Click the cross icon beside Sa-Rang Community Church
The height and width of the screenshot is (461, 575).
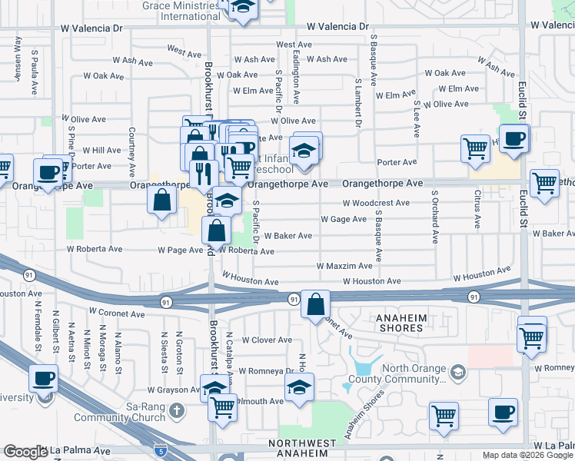pos(176,410)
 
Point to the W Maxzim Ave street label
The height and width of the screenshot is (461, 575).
pos(344,266)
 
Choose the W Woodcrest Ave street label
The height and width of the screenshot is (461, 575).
pos(376,203)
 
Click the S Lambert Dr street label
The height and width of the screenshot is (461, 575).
pos(358,102)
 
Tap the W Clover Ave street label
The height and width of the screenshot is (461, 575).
pos(267,340)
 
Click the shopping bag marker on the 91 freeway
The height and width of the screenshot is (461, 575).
pos(315,304)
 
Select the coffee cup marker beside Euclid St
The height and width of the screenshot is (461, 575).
pos(514,139)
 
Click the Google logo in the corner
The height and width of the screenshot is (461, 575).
pos(25,452)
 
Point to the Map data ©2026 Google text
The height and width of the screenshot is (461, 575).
pos(527,455)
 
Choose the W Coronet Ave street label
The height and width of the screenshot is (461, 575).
pos(116,312)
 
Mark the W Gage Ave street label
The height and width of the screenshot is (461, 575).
pos(343,219)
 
